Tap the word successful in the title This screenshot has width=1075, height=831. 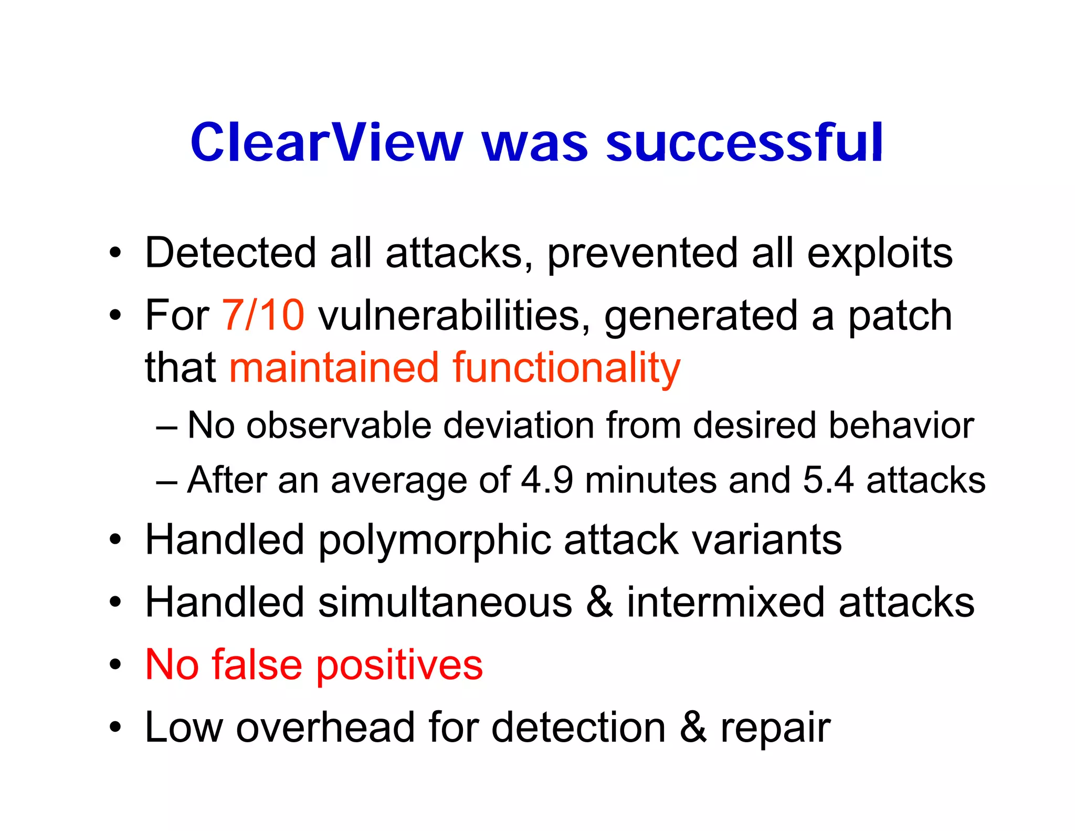pos(745,142)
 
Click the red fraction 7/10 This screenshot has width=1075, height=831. pos(263,315)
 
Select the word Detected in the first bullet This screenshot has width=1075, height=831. pos(230,253)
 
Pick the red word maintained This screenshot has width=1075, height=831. pos(334,368)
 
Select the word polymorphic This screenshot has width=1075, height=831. pos(435,541)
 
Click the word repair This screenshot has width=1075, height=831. pos(775,729)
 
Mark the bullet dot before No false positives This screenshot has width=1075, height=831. pos(115,665)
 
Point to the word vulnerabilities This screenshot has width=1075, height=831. pos(455,315)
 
